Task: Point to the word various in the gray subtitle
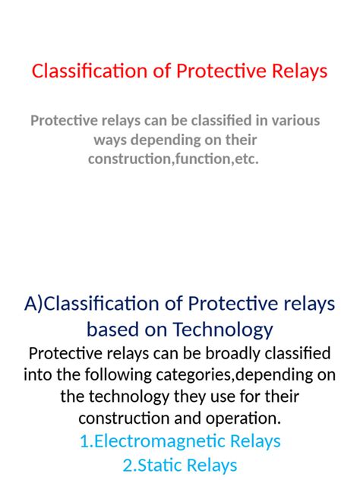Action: click(x=293, y=121)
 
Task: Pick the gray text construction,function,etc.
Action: click(x=173, y=159)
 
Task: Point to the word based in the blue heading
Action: click(x=112, y=330)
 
